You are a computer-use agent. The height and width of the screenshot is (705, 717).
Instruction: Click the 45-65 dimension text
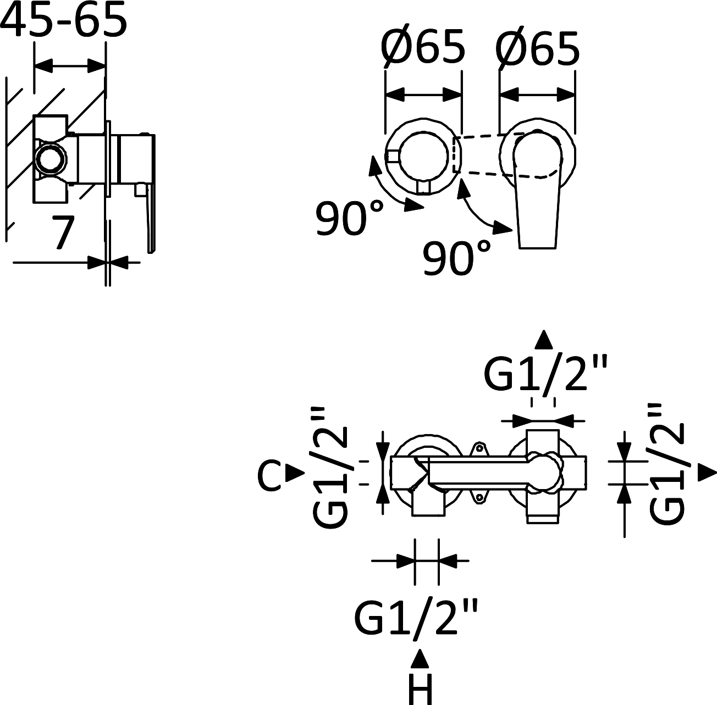[x=64, y=19]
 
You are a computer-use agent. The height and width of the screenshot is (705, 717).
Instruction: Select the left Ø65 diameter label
[x=423, y=47]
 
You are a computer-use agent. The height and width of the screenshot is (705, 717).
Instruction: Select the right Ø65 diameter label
[x=537, y=47]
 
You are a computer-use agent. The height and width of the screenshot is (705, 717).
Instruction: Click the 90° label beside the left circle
[x=349, y=218]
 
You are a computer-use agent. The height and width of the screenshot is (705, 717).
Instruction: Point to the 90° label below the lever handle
[x=456, y=257]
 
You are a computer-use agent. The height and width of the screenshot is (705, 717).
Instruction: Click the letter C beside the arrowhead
[x=269, y=475]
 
